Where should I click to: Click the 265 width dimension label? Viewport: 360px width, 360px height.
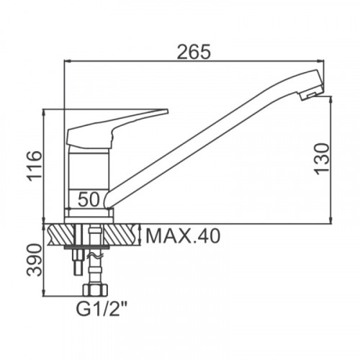click(x=194, y=51)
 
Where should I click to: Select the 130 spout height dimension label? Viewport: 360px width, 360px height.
click(x=322, y=159)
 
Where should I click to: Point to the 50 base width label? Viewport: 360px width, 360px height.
click(x=89, y=199)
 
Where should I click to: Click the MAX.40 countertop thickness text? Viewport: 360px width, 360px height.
click(x=183, y=236)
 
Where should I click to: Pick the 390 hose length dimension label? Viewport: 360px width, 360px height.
click(x=35, y=260)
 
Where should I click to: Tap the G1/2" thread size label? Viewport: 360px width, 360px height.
click(x=102, y=309)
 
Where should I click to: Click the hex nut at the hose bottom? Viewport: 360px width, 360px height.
click(x=95, y=290)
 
